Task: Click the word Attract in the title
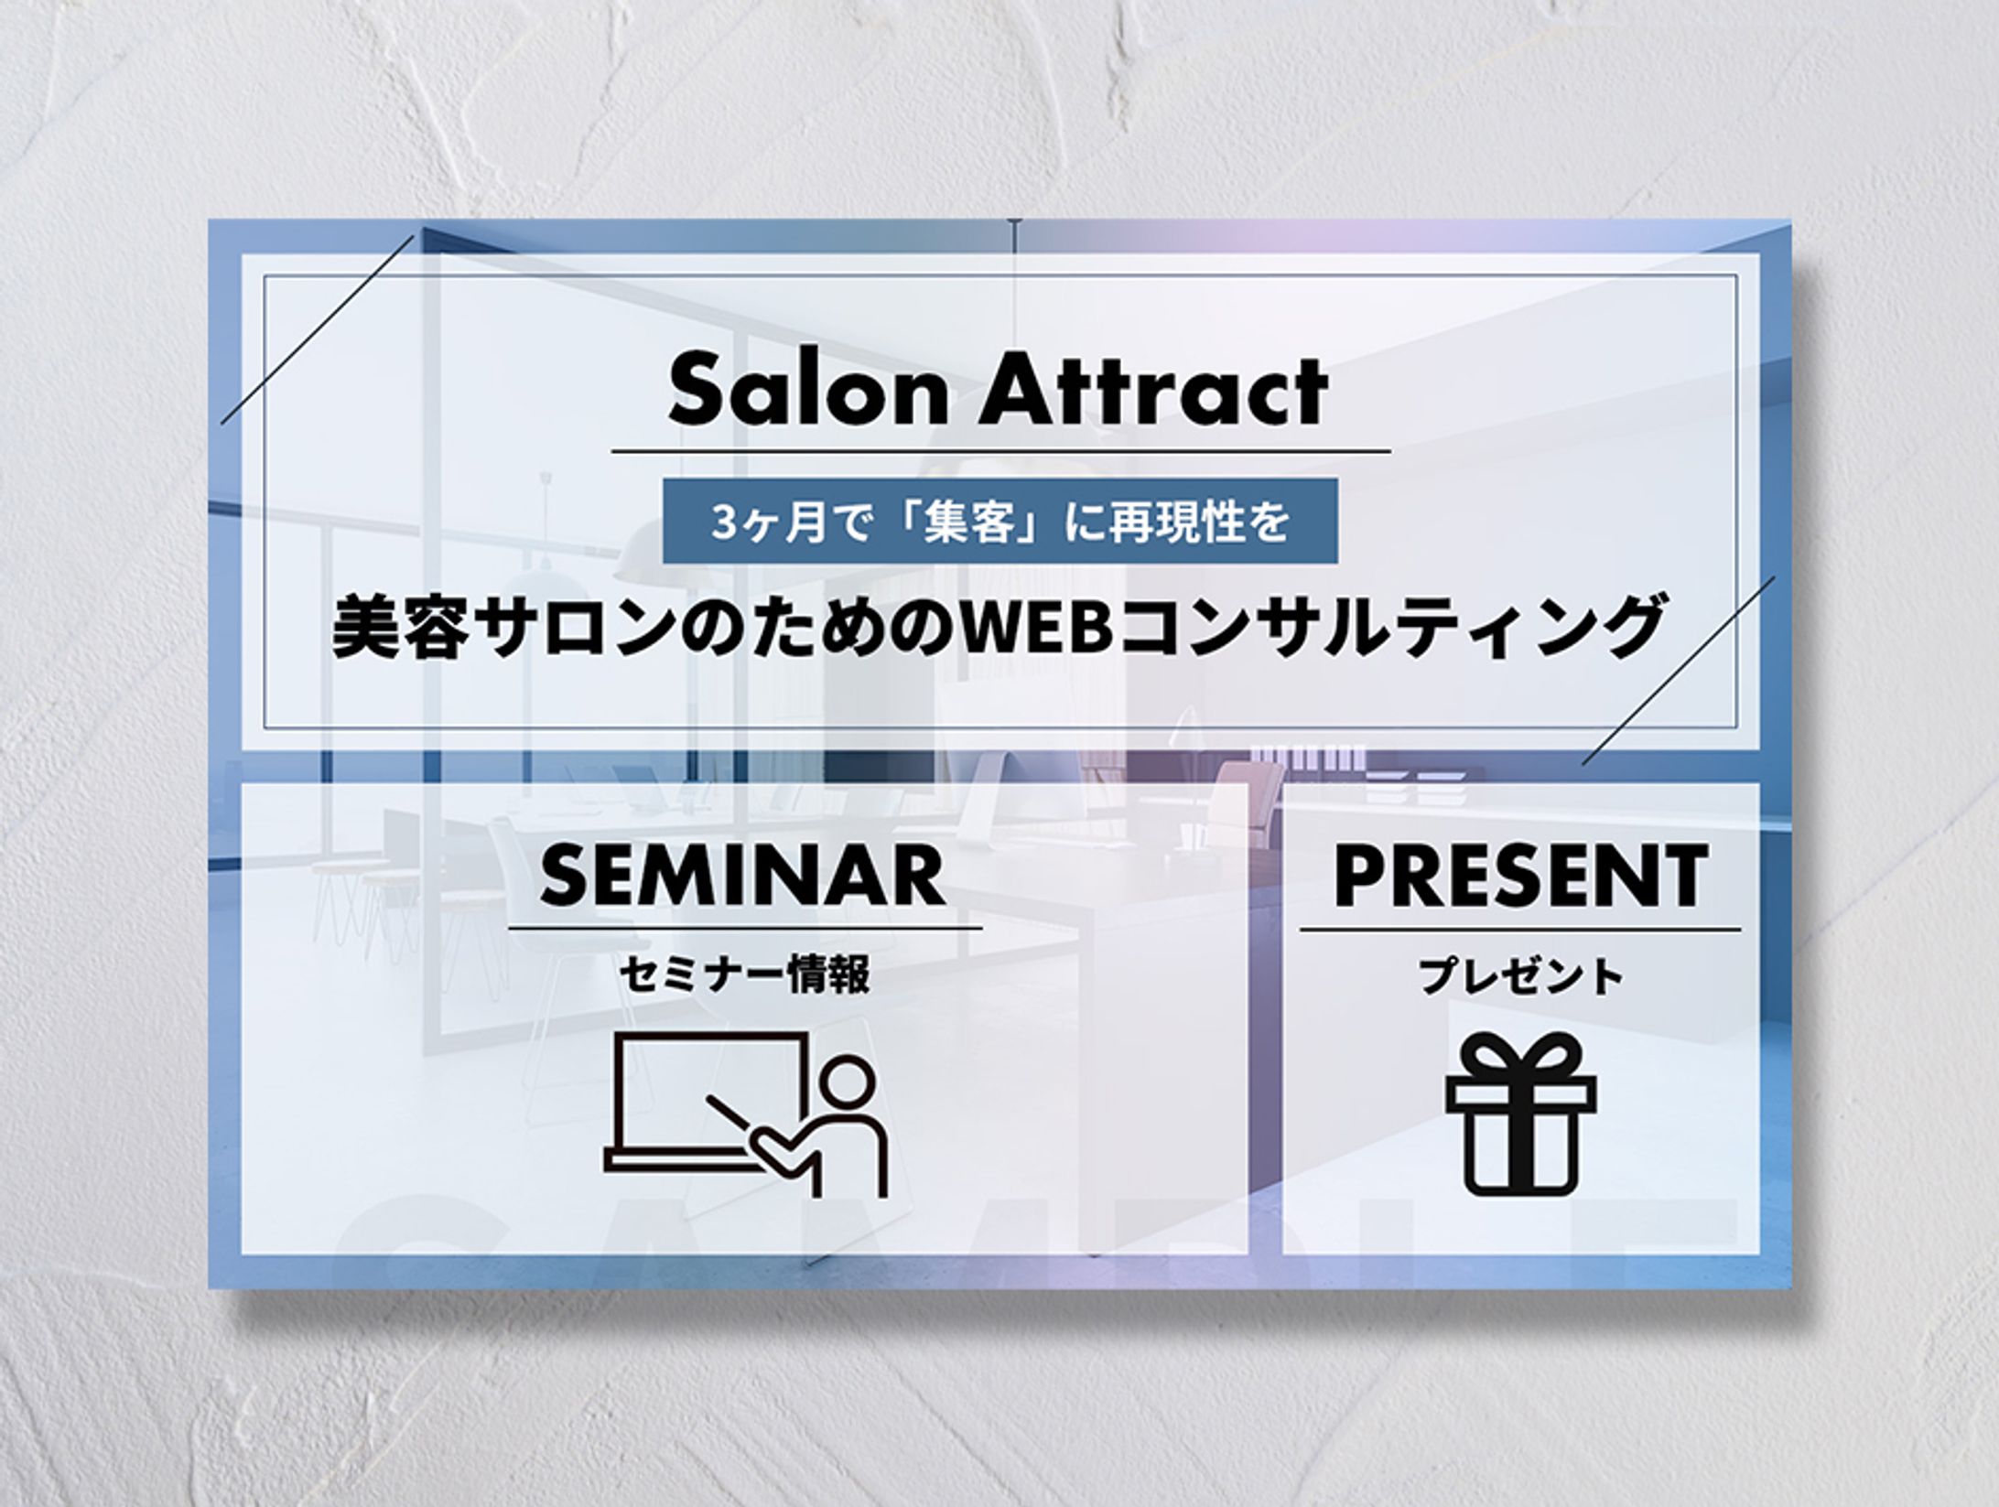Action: pos(1154,392)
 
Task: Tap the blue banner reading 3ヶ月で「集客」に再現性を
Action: pos(1000,521)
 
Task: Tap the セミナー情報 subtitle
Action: pos(744,975)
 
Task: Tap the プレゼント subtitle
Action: pos(1521,975)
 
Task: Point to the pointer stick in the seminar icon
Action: pos(732,1119)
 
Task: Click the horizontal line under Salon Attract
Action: pos(1000,451)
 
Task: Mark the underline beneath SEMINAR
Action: pos(745,928)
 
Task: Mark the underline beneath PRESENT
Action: pos(1520,930)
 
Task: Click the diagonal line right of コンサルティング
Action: pos(1679,671)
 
